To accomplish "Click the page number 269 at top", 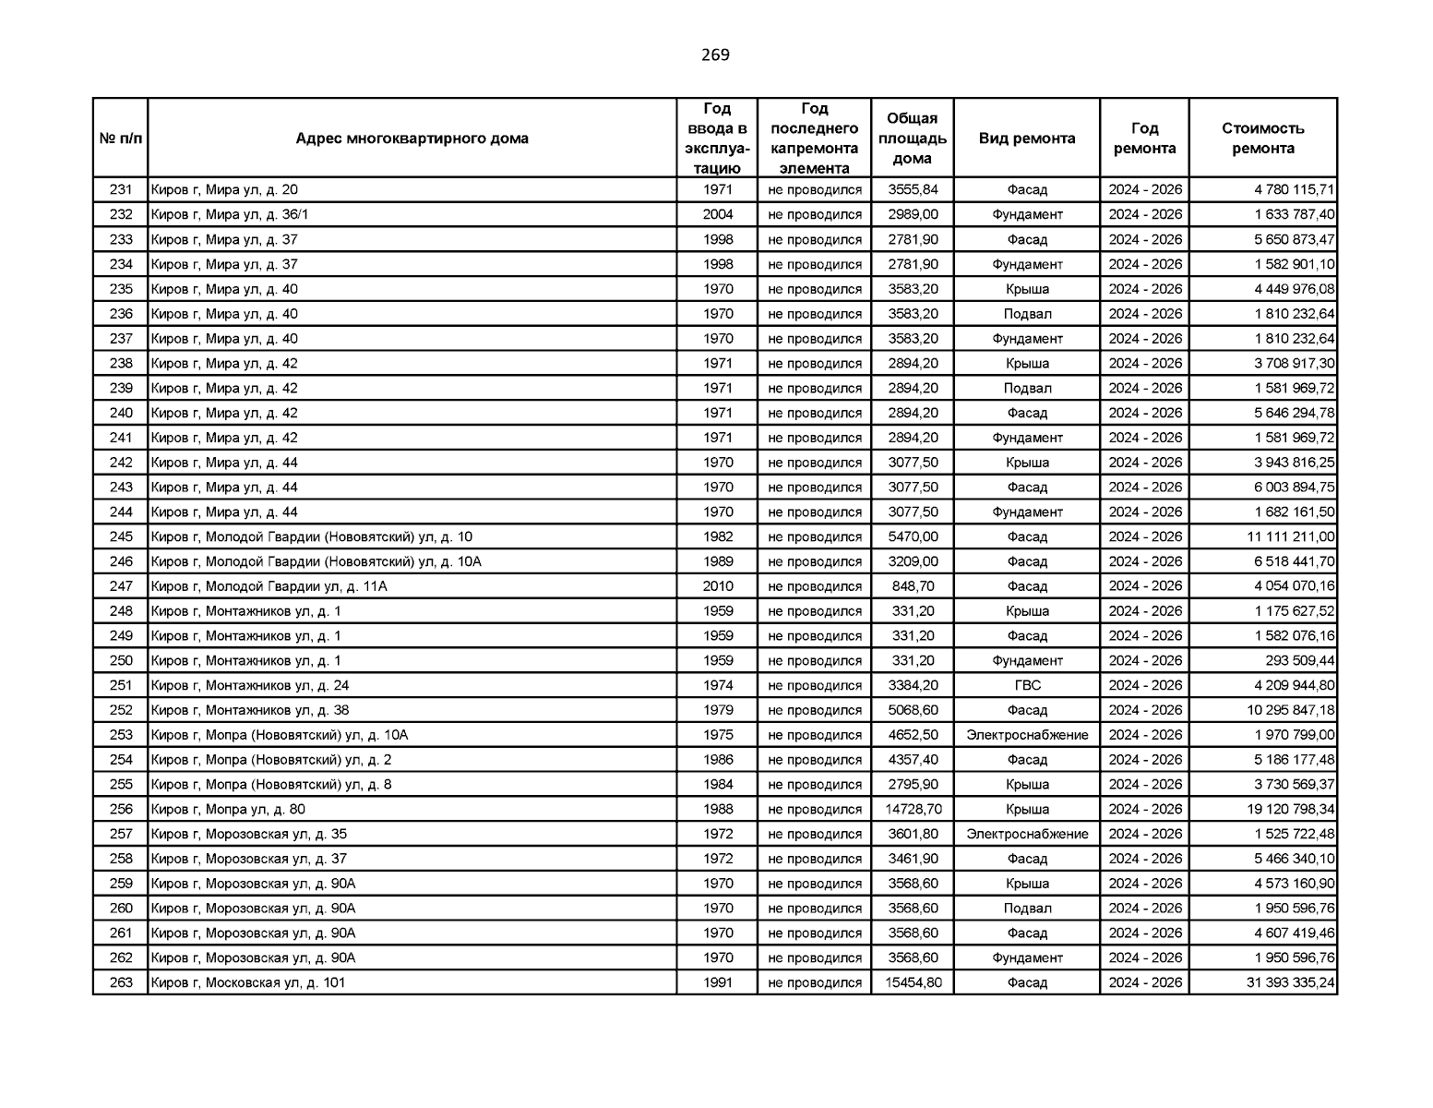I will [x=715, y=55].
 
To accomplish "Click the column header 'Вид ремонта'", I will [x=1026, y=138].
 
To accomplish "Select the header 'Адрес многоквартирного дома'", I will [x=412, y=138].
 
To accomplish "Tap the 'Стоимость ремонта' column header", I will [x=1262, y=138].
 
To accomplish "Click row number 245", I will [x=121, y=537].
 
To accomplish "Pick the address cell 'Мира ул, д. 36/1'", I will [x=224, y=215].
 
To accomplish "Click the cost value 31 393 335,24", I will [x=1290, y=983].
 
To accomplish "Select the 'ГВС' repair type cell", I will [x=1027, y=686].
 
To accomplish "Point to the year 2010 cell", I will [x=718, y=586].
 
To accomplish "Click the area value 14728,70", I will [x=913, y=810].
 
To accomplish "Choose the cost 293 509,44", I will [x=1299, y=661].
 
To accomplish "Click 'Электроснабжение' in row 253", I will [x=1027, y=736].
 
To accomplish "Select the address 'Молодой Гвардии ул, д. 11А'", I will [x=269, y=586].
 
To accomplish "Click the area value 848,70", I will [x=913, y=586].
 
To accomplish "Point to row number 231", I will [x=121, y=190].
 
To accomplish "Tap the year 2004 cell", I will [x=718, y=215].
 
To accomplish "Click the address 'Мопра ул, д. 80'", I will [x=228, y=810].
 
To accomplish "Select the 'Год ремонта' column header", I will [x=1144, y=138].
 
